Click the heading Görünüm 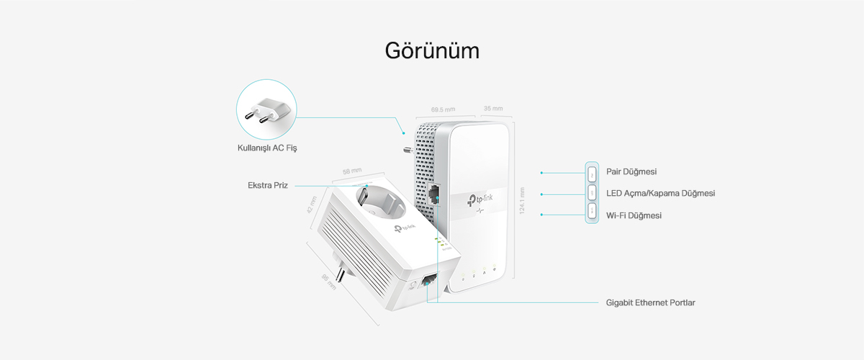point(432,51)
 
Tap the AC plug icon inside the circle point(266,112)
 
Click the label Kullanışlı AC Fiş point(267,148)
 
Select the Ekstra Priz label point(267,185)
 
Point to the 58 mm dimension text point(352,171)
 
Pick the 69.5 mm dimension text point(443,109)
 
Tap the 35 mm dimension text point(493,109)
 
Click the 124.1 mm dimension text point(523,202)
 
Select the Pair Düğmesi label point(631,172)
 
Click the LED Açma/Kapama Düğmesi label point(660,194)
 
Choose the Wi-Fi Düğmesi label point(634,215)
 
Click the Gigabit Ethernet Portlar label point(650,302)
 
